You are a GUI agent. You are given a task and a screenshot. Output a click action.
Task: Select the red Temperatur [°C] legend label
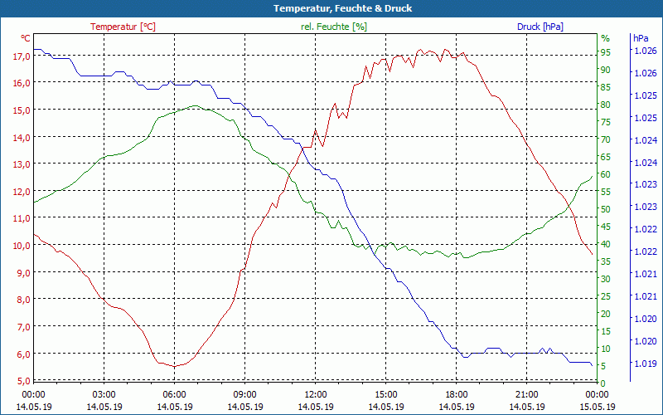pyautogui.click(x=123, y=27)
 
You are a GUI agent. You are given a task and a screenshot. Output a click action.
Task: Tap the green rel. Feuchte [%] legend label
pyautogui.click(x=333, y=27)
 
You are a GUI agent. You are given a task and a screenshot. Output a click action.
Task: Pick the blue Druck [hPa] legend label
pyautogui.click(x=540, y=27)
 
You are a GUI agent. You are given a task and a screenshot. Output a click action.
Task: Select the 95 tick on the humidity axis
pyautogui.click(x=606, y=52)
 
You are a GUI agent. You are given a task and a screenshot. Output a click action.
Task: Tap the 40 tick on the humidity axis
pyautogui.click(x=606, y=244)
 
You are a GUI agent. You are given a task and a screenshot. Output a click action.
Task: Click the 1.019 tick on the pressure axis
pyautogui.click(x=645, y=364)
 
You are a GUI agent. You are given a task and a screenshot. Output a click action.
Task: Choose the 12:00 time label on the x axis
pyautogui.click(x=316, y=394)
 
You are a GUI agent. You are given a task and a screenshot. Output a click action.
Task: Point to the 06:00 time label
pyautogui.click(x=175, y=394)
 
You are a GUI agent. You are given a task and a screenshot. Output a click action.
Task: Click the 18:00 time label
pyautogui.click(x=457, y=394)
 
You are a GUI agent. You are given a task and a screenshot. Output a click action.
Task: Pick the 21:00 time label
pyautogui.click(x=527, y=394)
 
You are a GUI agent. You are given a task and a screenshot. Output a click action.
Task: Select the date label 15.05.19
pyautogui.click(x=598, y=407)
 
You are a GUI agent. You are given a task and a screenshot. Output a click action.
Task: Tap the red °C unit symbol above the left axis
pyautogui.click(x=26, y=38)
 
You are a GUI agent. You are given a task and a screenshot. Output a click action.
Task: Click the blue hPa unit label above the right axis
pyautogui.click(x=640, y=38)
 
